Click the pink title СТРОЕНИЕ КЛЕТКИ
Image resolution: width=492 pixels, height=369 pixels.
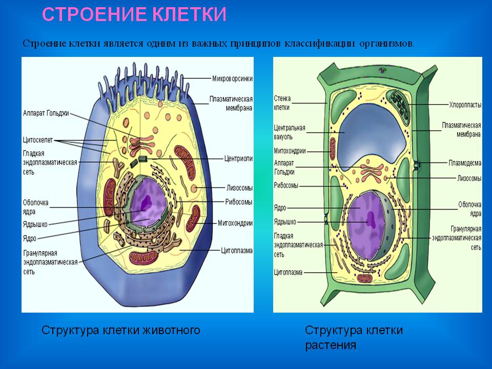pos(134,14)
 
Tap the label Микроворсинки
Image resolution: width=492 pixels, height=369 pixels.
pos(232,78)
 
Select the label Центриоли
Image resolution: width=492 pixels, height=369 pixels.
pos(238,158)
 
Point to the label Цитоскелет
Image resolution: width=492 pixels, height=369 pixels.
pos(37,139)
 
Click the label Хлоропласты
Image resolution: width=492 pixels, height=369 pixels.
pos(465,105)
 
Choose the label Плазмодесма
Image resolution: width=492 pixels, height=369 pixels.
pos(465,163)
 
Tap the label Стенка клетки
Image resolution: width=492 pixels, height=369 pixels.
pos(282,102)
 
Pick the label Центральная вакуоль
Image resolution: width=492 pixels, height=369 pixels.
pos(290,132)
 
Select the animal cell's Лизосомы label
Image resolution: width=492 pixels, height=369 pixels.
pos(239,188)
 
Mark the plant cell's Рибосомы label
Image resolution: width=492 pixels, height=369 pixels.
pos(286,186)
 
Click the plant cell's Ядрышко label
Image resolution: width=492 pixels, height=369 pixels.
pos(285,222)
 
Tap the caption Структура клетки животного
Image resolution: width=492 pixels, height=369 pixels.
pos(120,330)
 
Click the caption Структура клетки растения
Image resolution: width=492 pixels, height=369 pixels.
pos(354,337)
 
